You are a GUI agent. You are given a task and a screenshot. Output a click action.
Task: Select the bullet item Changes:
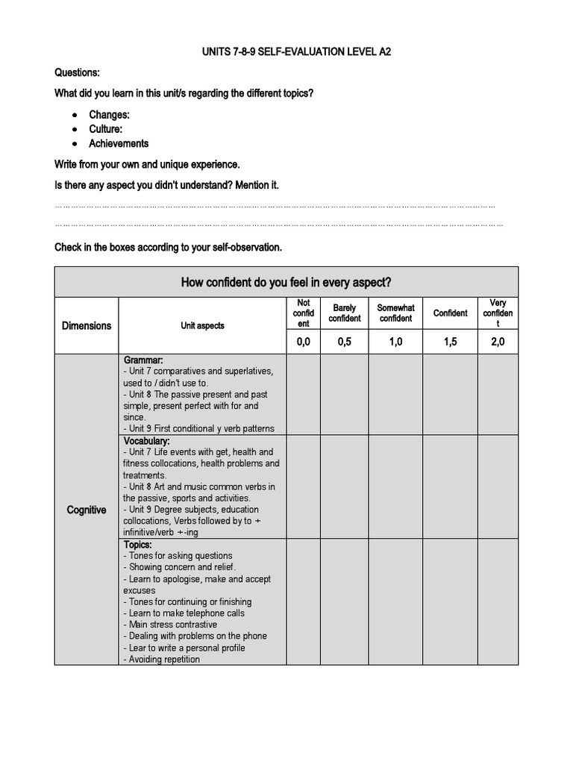pos(109,115)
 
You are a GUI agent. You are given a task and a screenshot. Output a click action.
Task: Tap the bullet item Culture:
pos(105,129)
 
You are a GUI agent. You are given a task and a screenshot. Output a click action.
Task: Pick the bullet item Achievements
pos(119,143)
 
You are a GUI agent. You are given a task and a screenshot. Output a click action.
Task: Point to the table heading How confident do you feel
pos(286,282)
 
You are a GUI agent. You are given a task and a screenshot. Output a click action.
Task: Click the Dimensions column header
pos(87,325)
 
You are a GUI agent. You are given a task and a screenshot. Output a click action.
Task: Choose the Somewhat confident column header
pos(395,313)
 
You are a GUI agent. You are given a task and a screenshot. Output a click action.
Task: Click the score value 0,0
pos(303,342)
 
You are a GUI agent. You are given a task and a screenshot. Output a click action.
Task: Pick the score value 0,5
pos(344,342)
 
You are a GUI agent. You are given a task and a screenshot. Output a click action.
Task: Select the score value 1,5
pos(450,342)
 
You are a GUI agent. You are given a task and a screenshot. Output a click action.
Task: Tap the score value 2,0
pos(498,342)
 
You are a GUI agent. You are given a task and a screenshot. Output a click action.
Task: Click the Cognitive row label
pos(87,510)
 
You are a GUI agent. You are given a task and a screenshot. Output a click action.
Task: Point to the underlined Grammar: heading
pos(143,360)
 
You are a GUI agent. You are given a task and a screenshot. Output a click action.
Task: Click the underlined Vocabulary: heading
pos(146,441)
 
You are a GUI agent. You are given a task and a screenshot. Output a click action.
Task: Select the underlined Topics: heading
pos(137,545)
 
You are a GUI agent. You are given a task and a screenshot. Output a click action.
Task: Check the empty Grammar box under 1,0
pos(395,395)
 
